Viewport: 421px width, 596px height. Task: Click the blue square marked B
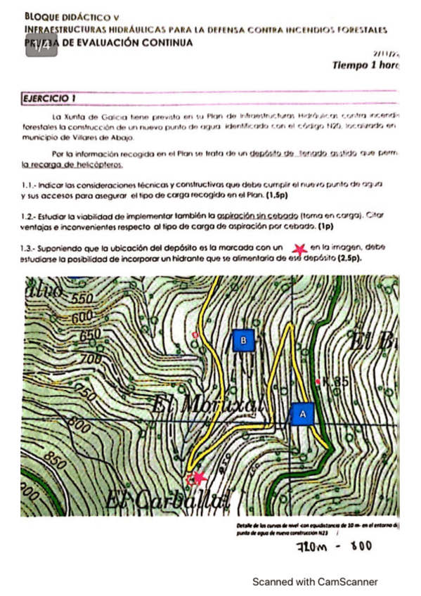[x=242, y=341]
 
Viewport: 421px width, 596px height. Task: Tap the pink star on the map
[x=196, y=479]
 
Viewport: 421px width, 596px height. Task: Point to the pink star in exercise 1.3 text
[x=300, y=248]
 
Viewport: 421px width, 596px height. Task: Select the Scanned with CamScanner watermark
[x=315, y=582]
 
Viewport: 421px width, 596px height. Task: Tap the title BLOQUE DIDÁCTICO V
[x=72, y=15]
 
